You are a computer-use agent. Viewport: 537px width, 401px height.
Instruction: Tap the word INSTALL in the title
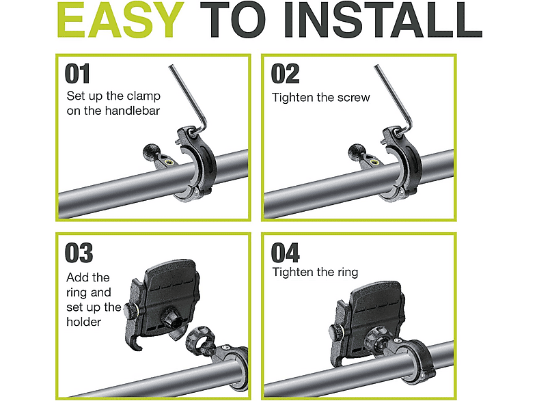coord(382,20)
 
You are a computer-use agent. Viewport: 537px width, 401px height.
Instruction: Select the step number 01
coord(77,74)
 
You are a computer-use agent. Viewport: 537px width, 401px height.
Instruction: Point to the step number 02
coord(285,74)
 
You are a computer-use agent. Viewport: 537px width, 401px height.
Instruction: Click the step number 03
coord(79,253)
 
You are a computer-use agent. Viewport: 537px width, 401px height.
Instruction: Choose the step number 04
coord(286,253)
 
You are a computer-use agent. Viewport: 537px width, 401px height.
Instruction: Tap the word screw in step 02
coord(354,98)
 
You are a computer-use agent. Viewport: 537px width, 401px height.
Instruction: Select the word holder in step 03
coord(83,322)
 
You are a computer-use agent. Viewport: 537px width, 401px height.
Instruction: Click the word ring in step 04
coord(347,273)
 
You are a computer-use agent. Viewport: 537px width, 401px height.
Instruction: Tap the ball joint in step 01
coord(150,151)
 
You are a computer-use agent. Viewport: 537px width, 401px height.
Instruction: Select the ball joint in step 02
coord(356,151)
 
